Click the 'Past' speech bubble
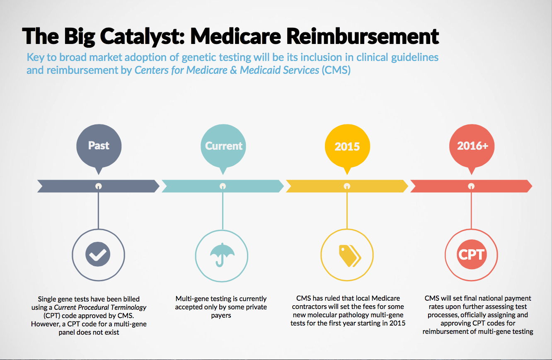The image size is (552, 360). (99, 147)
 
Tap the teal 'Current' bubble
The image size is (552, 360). (223, 147)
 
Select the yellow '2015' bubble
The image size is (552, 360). (347, 147)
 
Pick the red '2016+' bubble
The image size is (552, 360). (472, 147)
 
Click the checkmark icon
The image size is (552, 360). (98, 254)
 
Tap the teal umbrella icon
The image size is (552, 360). (222, 255)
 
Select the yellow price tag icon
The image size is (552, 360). (350, 256)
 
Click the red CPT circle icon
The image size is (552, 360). (472, 254)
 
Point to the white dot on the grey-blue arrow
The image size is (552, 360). (99, 186)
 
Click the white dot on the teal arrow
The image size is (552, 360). (223, 186)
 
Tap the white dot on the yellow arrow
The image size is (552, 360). (347, 186)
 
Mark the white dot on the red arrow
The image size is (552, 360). (471, 186)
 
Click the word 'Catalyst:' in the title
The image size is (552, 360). (142, 36)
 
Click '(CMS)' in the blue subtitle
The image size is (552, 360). (336, 70)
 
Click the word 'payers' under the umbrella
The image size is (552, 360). (221, 316)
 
